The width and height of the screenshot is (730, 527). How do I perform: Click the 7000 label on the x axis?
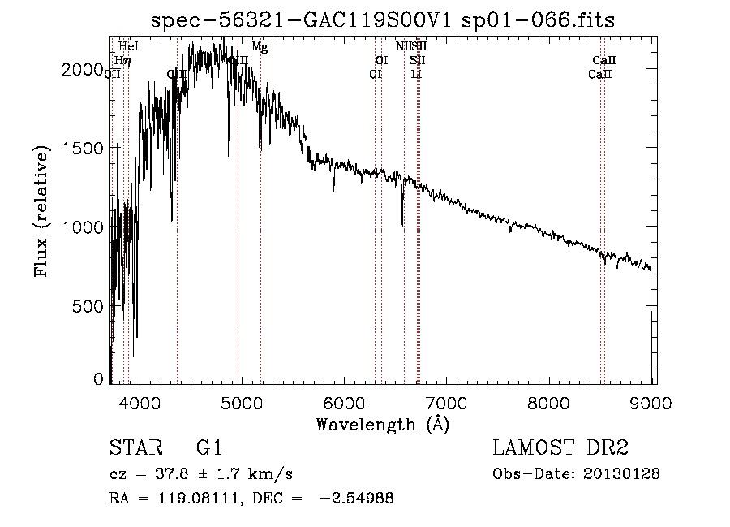447,403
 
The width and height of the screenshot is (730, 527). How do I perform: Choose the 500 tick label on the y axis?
88,306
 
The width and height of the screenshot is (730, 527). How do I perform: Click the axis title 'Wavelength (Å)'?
382,424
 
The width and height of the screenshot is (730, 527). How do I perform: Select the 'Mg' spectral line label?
260,47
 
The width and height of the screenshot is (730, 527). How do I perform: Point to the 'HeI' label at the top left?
128,46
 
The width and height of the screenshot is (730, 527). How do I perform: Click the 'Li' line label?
416,74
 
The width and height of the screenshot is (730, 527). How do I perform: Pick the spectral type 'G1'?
208,449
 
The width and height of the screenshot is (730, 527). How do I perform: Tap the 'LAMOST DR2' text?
560,449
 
